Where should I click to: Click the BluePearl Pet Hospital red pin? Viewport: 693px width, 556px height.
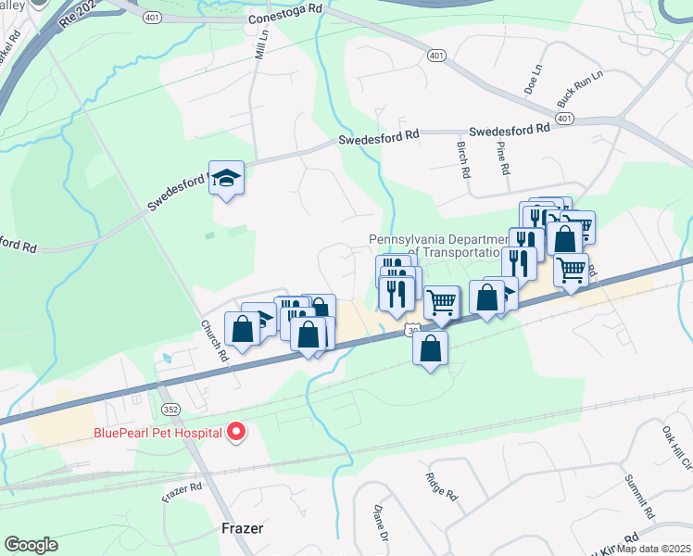pos(236,432)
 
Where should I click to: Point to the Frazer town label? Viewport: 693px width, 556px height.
pos(243,528)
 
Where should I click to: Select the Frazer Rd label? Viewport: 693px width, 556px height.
pos(182,493)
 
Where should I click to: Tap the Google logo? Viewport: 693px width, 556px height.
pos(31,545)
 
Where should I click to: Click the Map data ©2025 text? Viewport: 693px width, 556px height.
pos(648,549)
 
